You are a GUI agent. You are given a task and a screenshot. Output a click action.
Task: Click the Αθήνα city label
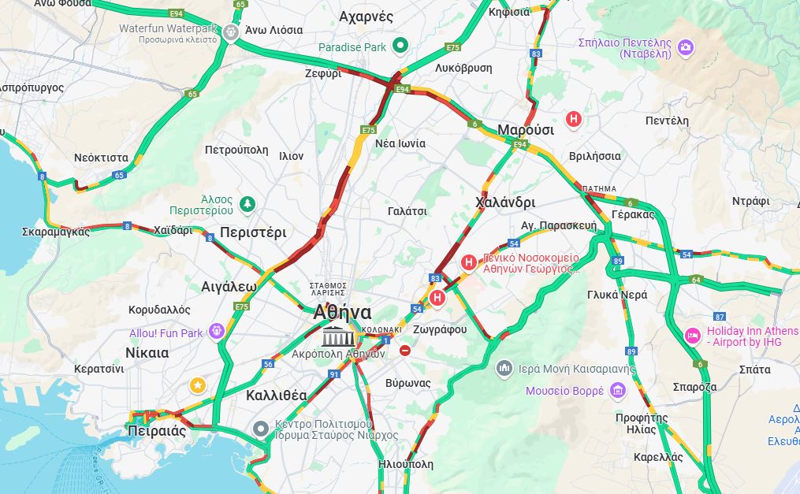(x=342, y=312)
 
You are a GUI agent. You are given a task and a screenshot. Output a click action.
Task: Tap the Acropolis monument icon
(x=337, y=336)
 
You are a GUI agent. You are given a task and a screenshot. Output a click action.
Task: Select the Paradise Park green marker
(x=400, y=46)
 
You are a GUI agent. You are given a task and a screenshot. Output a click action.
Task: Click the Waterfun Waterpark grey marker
(x=231, y=32)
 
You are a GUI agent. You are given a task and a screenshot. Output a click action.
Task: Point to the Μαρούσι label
(x=526, y=130)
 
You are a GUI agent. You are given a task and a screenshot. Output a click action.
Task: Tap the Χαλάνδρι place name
(x=505, y=202)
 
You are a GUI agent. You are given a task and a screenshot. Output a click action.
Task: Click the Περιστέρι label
(x=253, y=232)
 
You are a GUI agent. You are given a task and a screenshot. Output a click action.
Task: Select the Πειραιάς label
(x=157, y=431)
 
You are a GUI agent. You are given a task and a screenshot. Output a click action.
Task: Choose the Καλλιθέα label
(x=277, y=396)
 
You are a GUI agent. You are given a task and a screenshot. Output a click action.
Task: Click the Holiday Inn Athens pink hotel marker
(x=693, y=336)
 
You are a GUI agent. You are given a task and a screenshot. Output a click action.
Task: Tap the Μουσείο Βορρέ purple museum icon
(x=617, y=390)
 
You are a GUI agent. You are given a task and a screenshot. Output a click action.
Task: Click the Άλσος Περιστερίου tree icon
(x=247, y=205)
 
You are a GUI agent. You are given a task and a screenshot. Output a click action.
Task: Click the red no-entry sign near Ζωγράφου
(x=405, y=350)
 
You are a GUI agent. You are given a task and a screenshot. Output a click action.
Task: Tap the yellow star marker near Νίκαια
(x=198, y=385)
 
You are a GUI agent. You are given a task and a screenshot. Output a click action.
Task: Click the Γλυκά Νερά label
(x=617, y=295)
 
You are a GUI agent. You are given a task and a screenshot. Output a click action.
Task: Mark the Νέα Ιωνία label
(x=400, y=143)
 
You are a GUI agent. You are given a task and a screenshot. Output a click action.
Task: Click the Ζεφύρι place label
(x=323, y=73)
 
